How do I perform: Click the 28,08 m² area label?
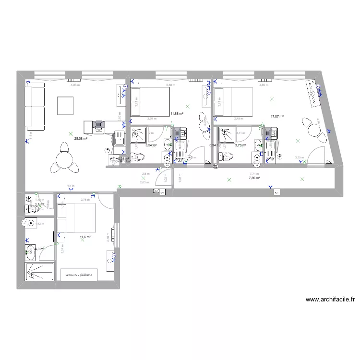[81, 138]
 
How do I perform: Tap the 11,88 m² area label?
[177, 114]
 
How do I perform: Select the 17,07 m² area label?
[277, 117]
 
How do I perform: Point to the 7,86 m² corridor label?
[254, 178]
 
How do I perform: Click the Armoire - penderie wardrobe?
[79, 275]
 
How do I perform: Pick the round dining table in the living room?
[64, 158]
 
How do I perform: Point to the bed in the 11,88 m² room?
[149, 102]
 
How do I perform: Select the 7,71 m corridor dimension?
[254, 174]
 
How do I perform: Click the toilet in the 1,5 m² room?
[29, 200]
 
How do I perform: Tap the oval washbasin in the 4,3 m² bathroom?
[30, 249]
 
